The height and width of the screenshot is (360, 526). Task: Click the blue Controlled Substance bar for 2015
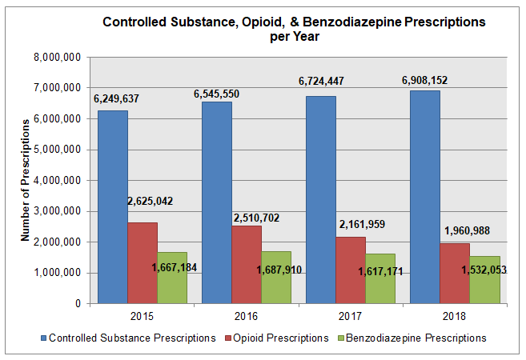[x=112, y=207]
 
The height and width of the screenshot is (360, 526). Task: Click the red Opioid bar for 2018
[x=455, y=273]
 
